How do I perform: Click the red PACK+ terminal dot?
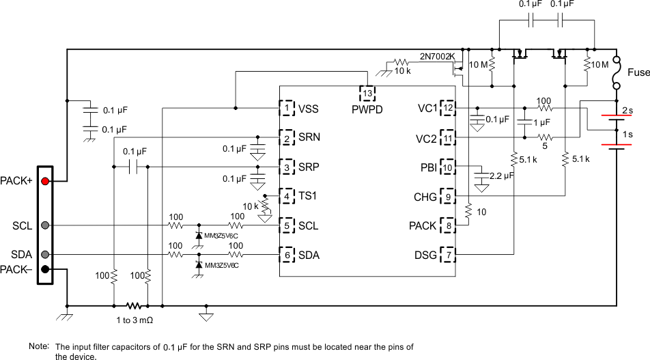(45, 181)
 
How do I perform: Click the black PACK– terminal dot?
(45, 268)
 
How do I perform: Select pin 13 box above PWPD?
(367, 93)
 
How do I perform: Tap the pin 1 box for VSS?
(287, 108)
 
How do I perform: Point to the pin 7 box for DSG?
(448, 255)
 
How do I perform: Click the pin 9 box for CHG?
(448, 196)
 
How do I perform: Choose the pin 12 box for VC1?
(448, 108)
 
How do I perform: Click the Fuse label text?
(638, 72)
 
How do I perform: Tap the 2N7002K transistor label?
(437, 55)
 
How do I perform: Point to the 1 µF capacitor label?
(541, 122)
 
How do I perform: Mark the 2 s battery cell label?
(627, 109)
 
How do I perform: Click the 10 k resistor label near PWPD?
(403, 70)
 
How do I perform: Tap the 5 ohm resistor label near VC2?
(544, 145)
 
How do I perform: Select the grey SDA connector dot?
(45, 254)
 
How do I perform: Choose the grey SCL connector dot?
(45, 225)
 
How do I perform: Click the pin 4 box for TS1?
(287, 196)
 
